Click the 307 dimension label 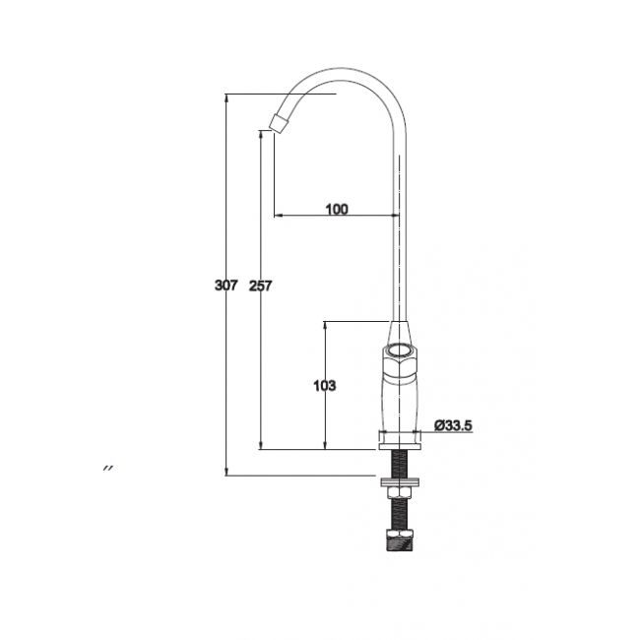pyautogui.click(x=225, y=286)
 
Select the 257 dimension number pyautogui.click(x=260, y=286)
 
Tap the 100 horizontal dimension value pyautogui.click(x=337, y=210)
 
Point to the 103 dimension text pyautogui.click(x=325, y=385)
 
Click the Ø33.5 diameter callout pyautogui.click(x=453, y=425)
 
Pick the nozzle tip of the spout pyautogui.click(x=280, y=123)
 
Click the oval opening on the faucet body pyautogui.click(x=399, y=351)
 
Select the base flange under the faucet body pyautogui.click(x=400, y=440)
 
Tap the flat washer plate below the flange pyautogui.click(x=400, y=481)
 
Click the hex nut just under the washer pyautogui.click(x=400, y=493)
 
